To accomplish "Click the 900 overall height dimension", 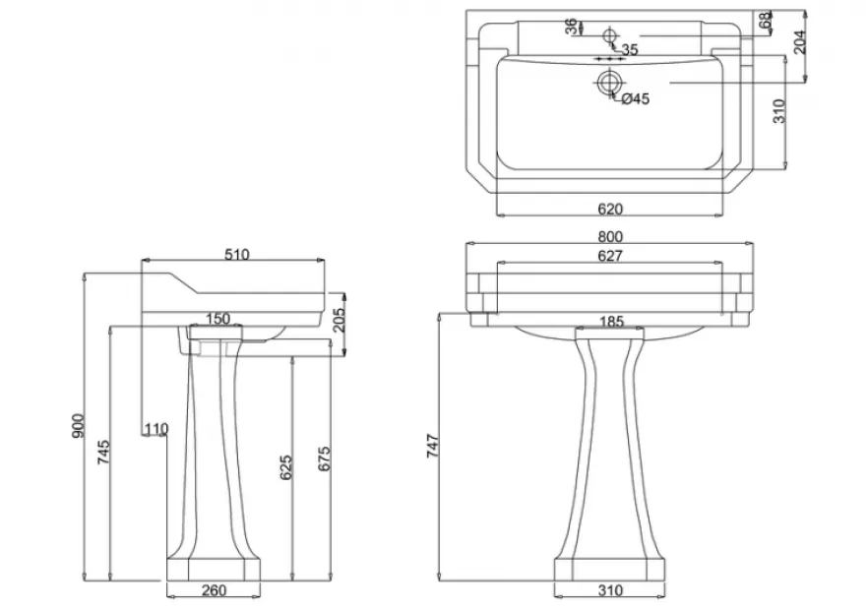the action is click(79, 426).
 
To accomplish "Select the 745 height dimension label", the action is click(104, 452).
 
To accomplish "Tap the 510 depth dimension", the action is click(237, 255).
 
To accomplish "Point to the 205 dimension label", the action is click(339, 320).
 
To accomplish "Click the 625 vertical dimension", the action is click(285, 467).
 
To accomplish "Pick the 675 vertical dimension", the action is click(324, 458).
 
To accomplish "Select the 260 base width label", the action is click(214, 590).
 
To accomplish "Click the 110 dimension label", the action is click(156, 429).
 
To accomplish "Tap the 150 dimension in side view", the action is click(218, 319).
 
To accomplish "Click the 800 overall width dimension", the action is click(610, 237).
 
